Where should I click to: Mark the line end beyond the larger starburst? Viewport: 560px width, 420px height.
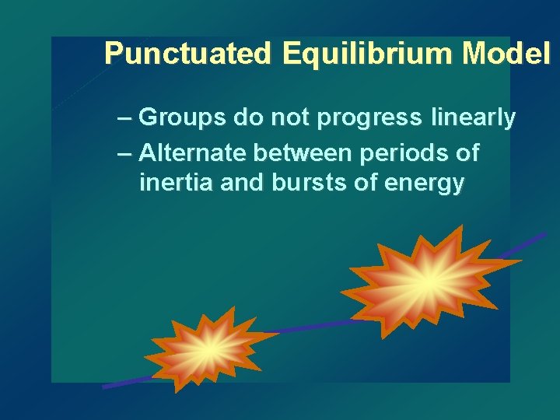tap(529, 243)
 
